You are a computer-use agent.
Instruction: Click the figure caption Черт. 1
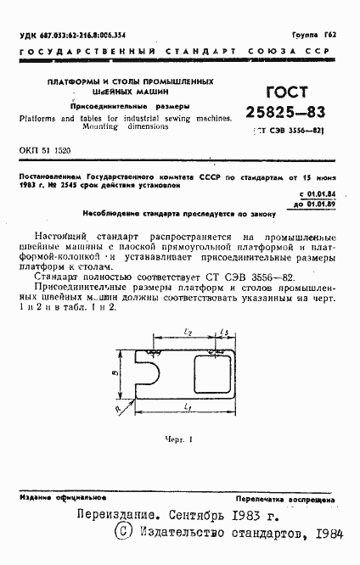pos(180,439)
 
